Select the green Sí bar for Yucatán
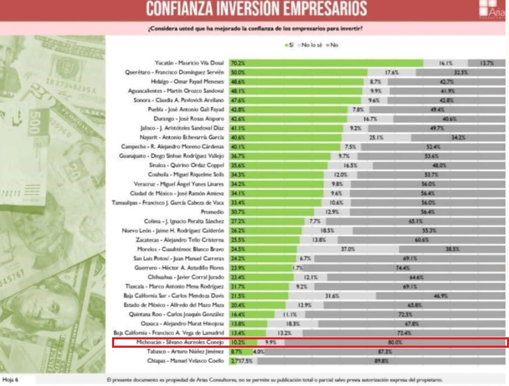tap(335, 62)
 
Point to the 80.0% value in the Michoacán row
tap(395, 342)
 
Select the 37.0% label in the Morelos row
tap(347, 248)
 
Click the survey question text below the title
tap(256, 29)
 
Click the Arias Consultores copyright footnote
tap(274, 380)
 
